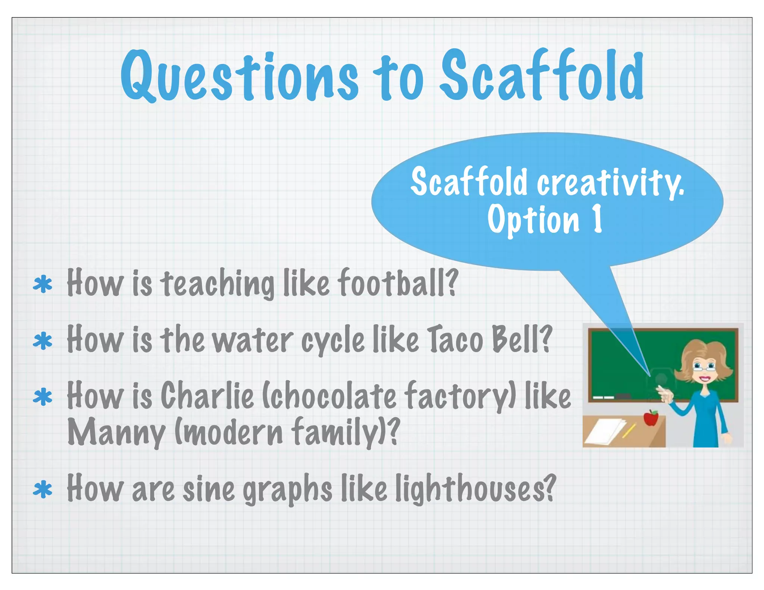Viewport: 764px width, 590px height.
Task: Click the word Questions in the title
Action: coord(239,76)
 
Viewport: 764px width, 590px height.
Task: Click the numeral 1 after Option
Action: coord(597,219)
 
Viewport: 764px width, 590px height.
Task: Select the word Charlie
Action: coord(207,395)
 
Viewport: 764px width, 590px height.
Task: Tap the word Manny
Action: coord(116,433)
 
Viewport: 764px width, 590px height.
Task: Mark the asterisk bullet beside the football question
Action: coord(43,285)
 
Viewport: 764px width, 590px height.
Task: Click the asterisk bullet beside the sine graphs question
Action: coord(43,490)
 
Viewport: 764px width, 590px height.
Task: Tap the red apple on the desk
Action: coord(651,418)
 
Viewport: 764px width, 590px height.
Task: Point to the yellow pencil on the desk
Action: coord(629,430)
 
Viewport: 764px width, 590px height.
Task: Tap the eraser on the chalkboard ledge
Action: coord(623,396)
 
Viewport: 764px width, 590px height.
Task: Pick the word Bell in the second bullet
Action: coord(521,339)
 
